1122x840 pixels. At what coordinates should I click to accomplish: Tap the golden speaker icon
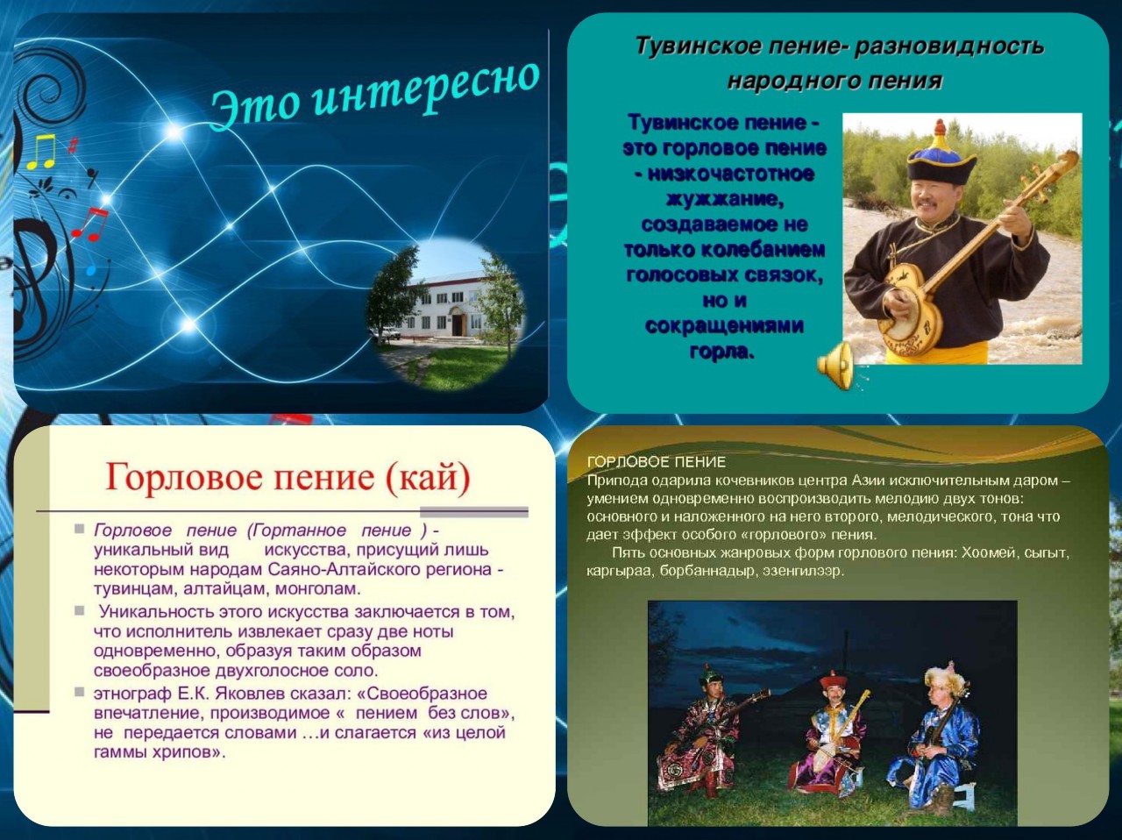tap(835, 366)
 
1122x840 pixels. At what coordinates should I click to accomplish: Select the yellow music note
tap(41, 152)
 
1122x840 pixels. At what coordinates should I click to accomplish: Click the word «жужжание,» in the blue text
tap(724, 199)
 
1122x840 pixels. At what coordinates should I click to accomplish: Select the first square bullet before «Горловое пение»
tap(79, 529)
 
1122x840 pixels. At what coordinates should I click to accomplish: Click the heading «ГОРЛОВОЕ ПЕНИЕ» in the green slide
tap(656, 462)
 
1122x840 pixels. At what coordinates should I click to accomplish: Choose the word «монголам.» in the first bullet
tap(318, 589)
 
